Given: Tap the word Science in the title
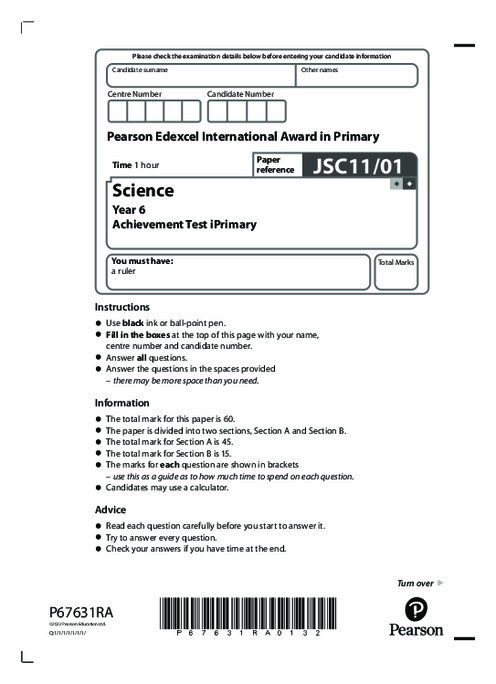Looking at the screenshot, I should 143,190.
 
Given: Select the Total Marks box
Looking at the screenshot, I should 396,273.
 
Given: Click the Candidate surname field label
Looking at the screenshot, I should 140,71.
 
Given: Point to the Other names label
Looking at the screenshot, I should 320,71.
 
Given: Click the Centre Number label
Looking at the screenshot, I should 135,93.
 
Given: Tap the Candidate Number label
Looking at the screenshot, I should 241,93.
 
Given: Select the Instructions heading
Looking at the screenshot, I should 122,307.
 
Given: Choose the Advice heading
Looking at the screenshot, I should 110,509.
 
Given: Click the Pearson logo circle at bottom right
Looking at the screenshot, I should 417,610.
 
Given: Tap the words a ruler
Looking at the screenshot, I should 123,270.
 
